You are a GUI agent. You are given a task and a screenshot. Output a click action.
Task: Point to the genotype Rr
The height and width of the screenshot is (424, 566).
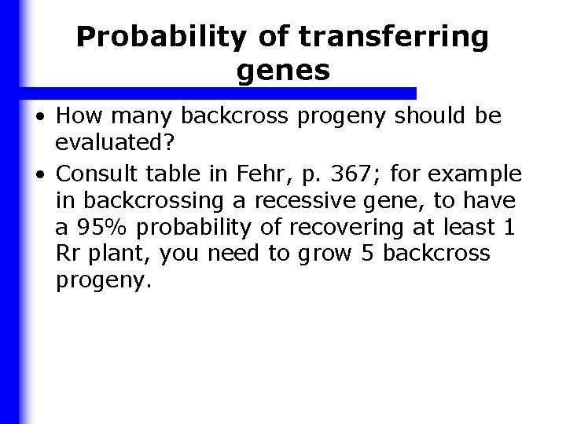[68, 254]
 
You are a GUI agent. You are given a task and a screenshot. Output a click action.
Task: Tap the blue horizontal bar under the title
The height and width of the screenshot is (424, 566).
[220, 93]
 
